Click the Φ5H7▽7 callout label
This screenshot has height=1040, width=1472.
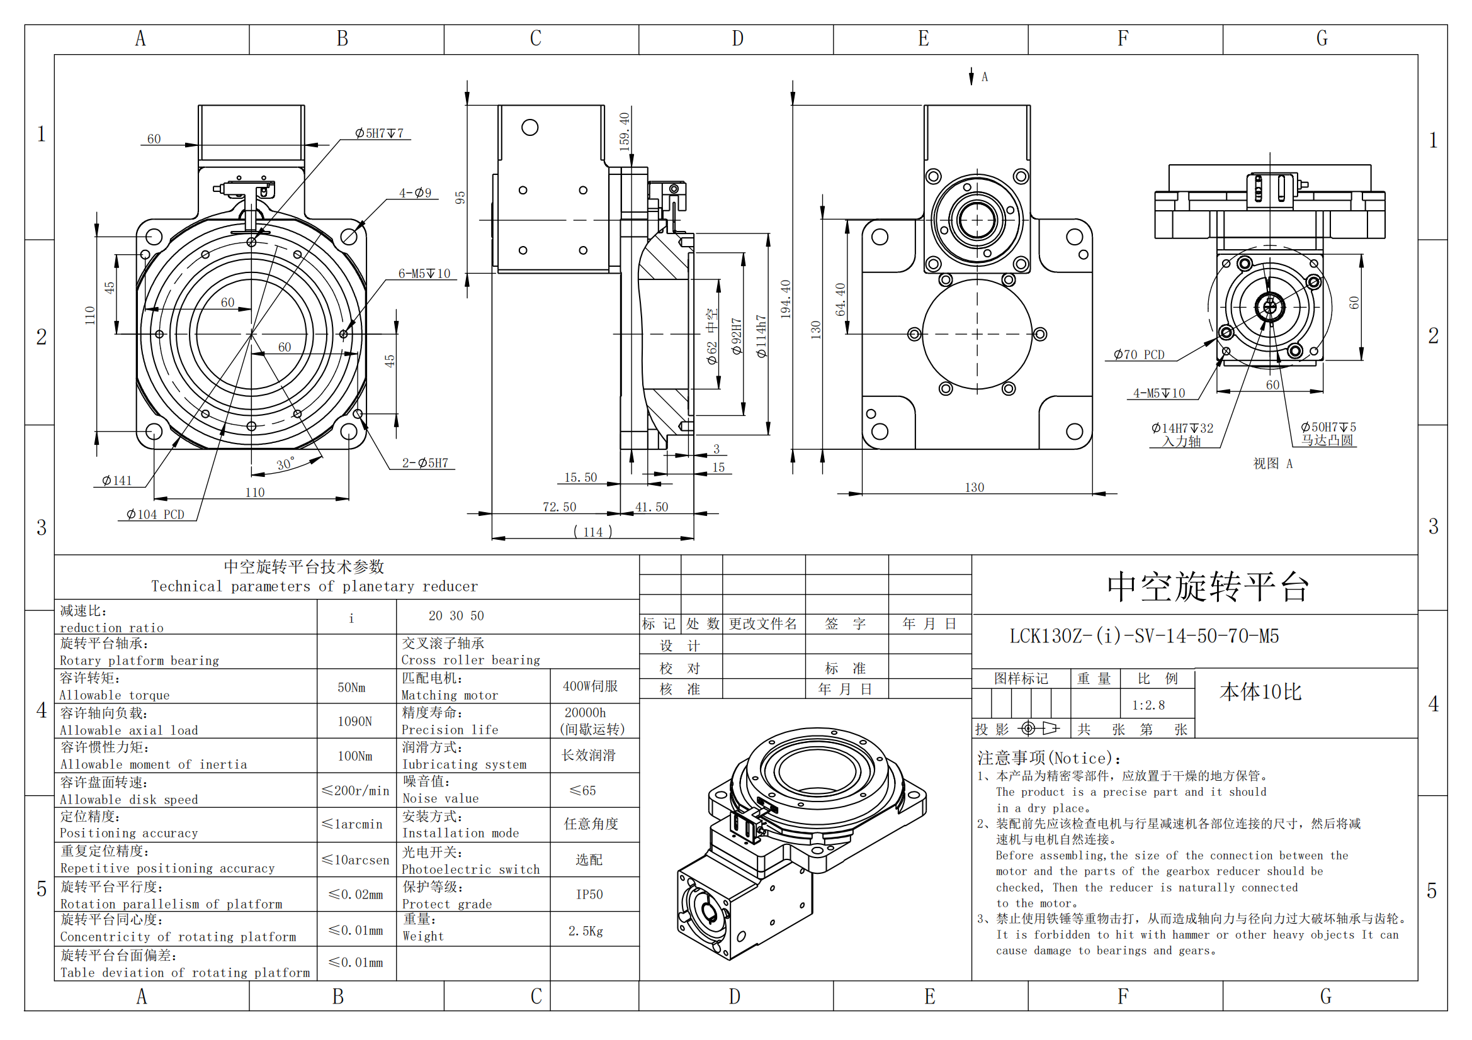379,133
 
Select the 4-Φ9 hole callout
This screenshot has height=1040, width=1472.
416,193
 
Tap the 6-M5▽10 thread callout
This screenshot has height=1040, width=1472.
424,274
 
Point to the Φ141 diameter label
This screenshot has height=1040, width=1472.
116,481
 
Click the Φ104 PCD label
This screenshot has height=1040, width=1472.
155,515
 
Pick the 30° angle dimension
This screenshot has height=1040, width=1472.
285,464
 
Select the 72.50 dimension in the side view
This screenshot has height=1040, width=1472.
559,507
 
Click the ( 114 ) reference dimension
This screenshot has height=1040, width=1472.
592,532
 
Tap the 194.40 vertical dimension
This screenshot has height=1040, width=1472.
785,299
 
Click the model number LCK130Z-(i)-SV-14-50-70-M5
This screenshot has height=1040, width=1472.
1144,636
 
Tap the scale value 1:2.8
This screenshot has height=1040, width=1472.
1148,705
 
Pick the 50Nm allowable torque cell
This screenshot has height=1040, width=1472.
351,688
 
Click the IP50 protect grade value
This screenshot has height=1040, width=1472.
589,895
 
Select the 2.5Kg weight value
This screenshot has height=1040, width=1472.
586,931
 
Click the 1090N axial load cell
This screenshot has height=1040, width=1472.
354,722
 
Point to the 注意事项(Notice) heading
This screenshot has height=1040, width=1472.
1050,759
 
